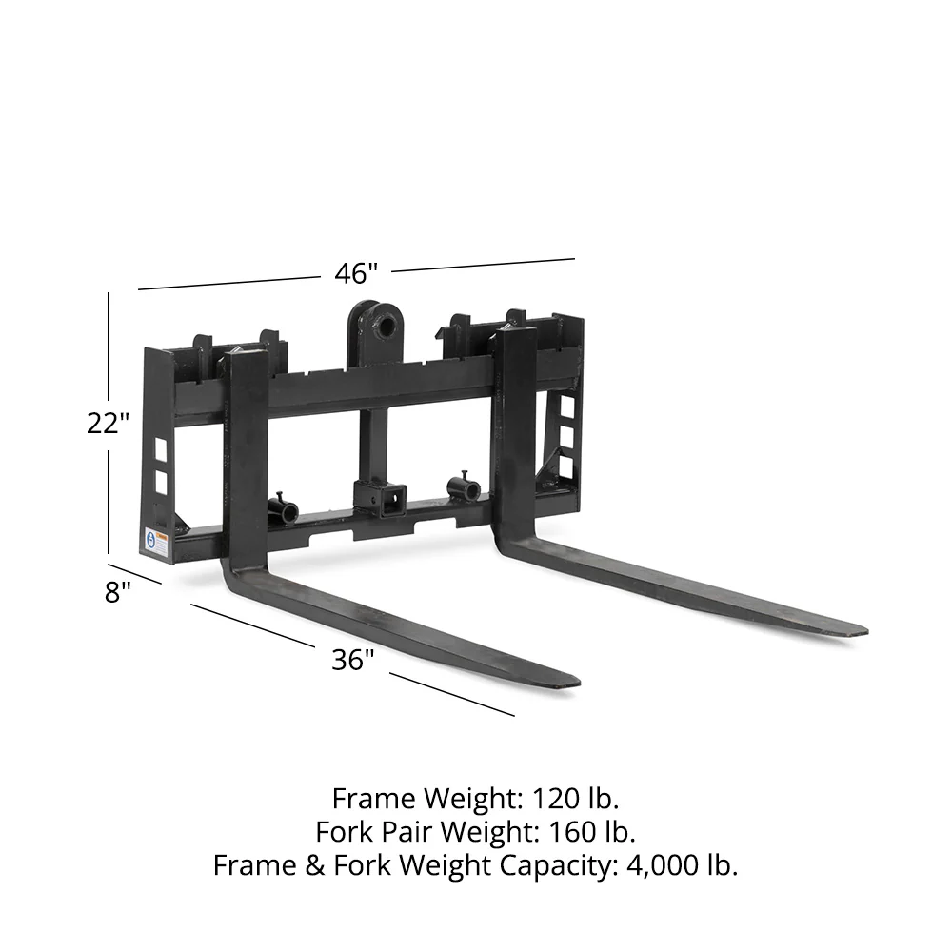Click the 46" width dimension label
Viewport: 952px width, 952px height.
click(356, 273)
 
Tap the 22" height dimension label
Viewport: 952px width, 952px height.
click(108, 423)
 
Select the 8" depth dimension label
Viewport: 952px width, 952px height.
click(118, 592)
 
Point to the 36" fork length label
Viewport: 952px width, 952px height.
click(353, 659)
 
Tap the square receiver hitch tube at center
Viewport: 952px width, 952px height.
click(390, 496)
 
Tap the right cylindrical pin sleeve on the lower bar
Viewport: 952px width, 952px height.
click(464, 490)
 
